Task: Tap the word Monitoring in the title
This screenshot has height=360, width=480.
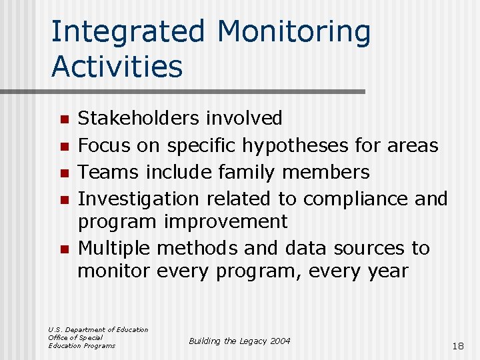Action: (x=293, y=32)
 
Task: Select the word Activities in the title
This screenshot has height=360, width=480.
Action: (x=117, y=67)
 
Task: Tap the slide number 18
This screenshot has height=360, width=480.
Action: (x=457, y=346)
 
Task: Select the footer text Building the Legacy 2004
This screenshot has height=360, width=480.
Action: (x=239, y=341)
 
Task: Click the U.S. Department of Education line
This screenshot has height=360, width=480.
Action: (x=98, y=329)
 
